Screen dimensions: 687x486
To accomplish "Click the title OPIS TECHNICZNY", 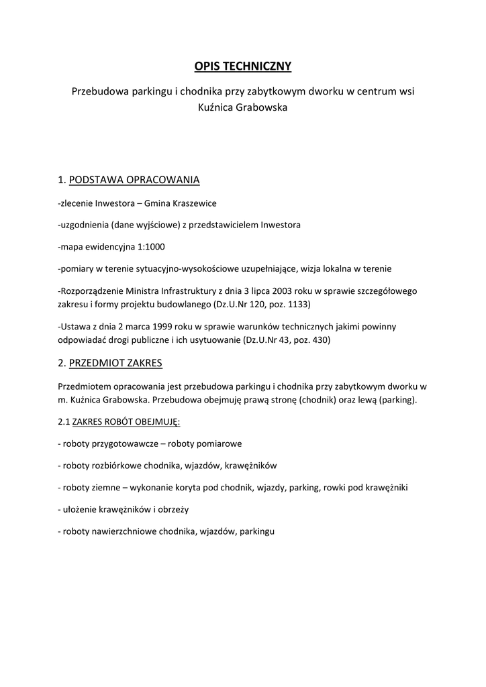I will point(243,66).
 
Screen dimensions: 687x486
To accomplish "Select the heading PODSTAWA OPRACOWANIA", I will point(134,180).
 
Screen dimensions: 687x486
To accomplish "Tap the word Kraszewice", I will point(195,203).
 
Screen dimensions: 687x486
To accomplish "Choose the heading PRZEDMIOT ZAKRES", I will point(115,363).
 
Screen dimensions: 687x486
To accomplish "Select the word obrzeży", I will point(173,509).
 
